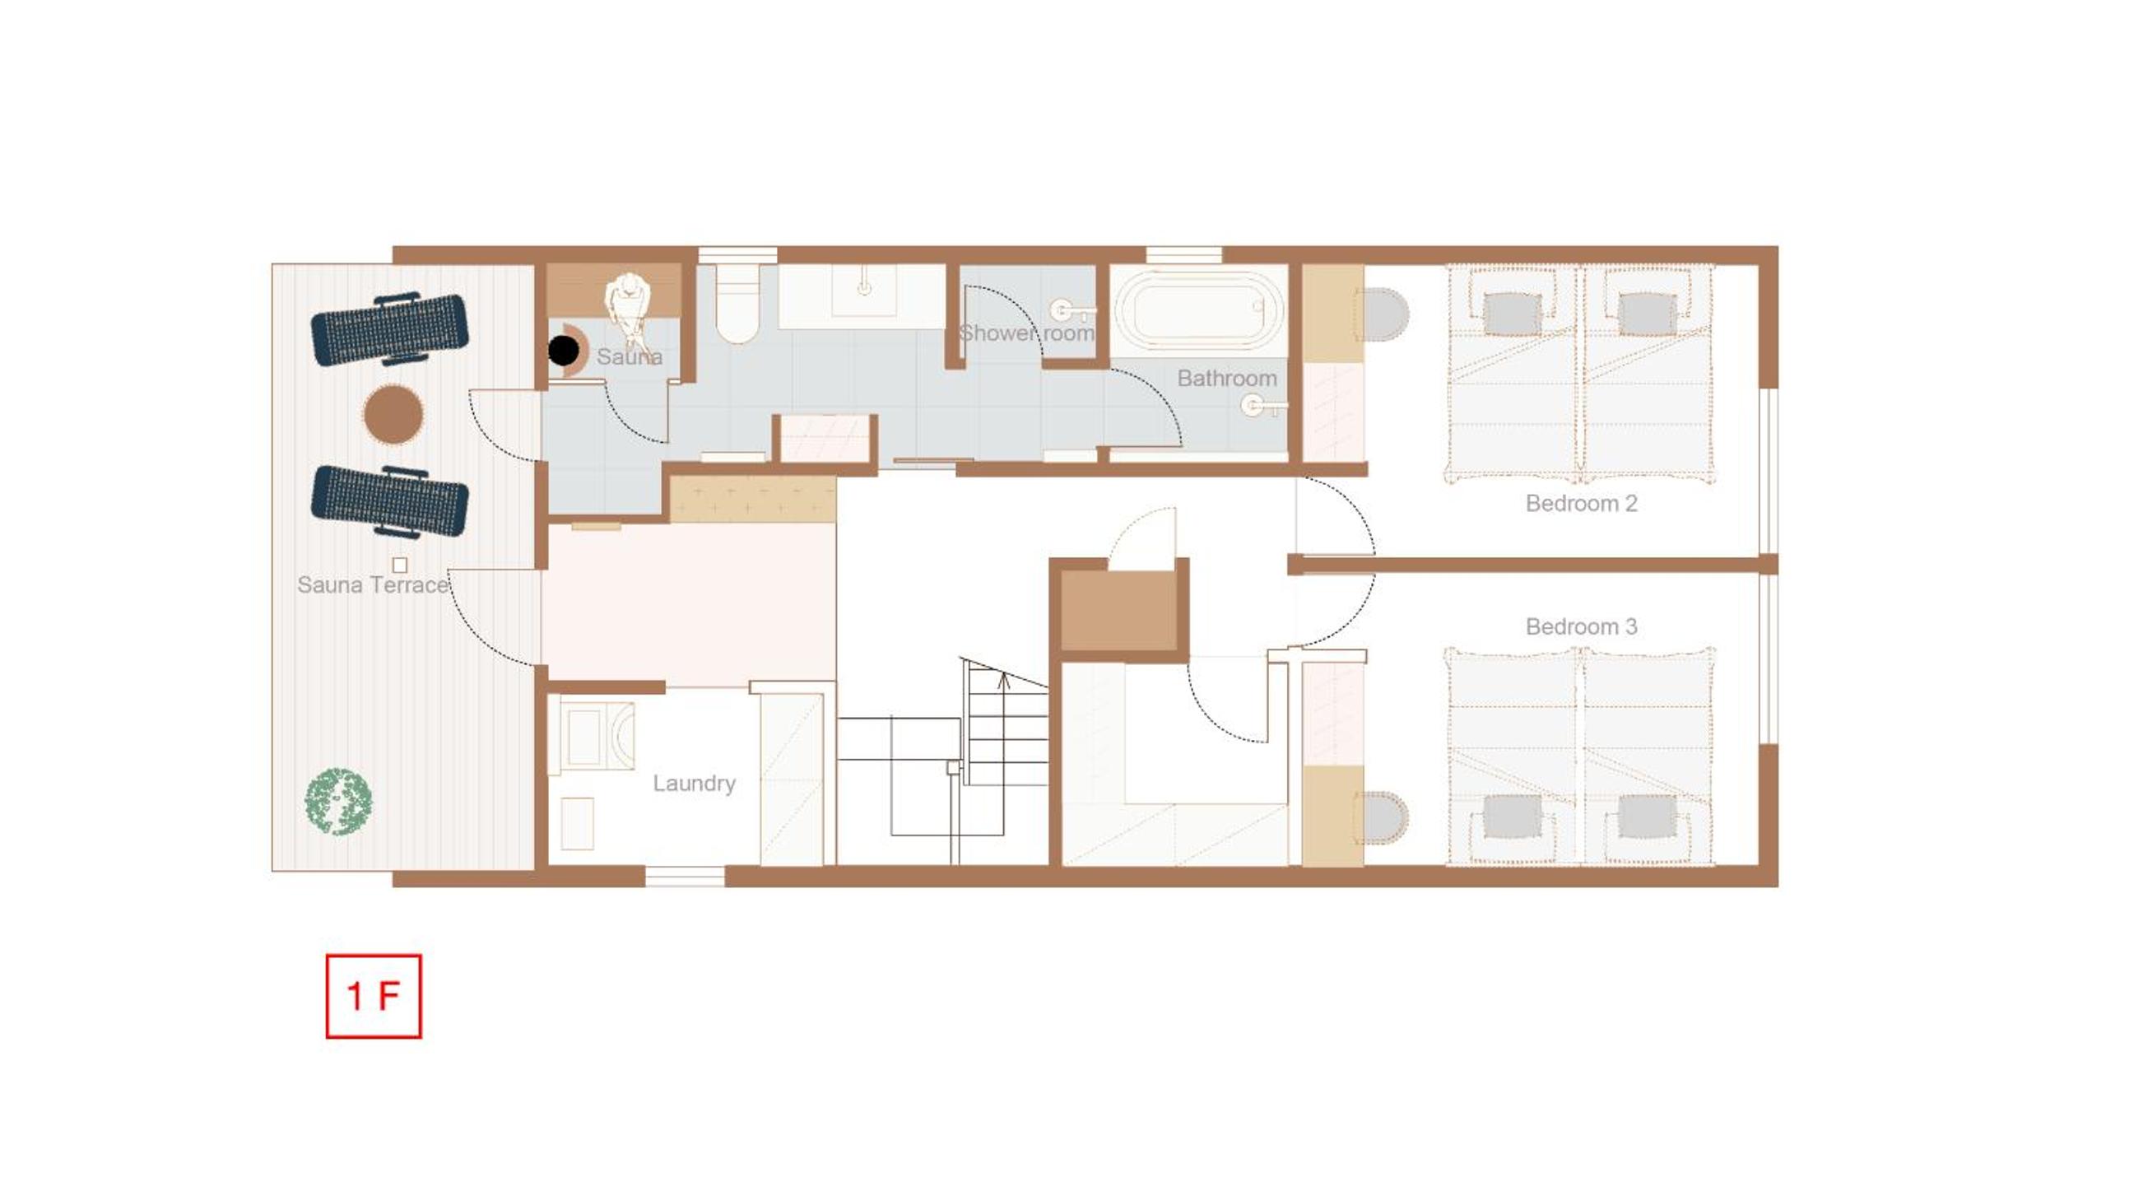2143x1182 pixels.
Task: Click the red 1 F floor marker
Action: coord(374,996)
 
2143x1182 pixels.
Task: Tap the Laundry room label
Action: coord(694,784)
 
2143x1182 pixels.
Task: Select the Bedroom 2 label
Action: coord(1581,503)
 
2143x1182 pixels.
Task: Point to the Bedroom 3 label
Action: coord(1581,626)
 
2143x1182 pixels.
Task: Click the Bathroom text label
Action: coord(1227,379)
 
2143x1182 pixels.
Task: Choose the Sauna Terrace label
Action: coord(374,584)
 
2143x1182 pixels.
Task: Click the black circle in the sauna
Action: coord(563,350)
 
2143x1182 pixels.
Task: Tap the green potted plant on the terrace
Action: coord(338,801)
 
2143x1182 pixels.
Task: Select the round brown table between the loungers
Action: coord(393,413)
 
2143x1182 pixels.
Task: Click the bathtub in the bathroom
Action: coord(1199,310)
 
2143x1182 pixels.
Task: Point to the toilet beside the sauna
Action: coord(737,304)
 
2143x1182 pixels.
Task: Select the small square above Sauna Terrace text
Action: coord(399,565)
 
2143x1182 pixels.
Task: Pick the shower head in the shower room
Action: coord(1071,311)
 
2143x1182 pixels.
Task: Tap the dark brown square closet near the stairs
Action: coord(1119,612)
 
